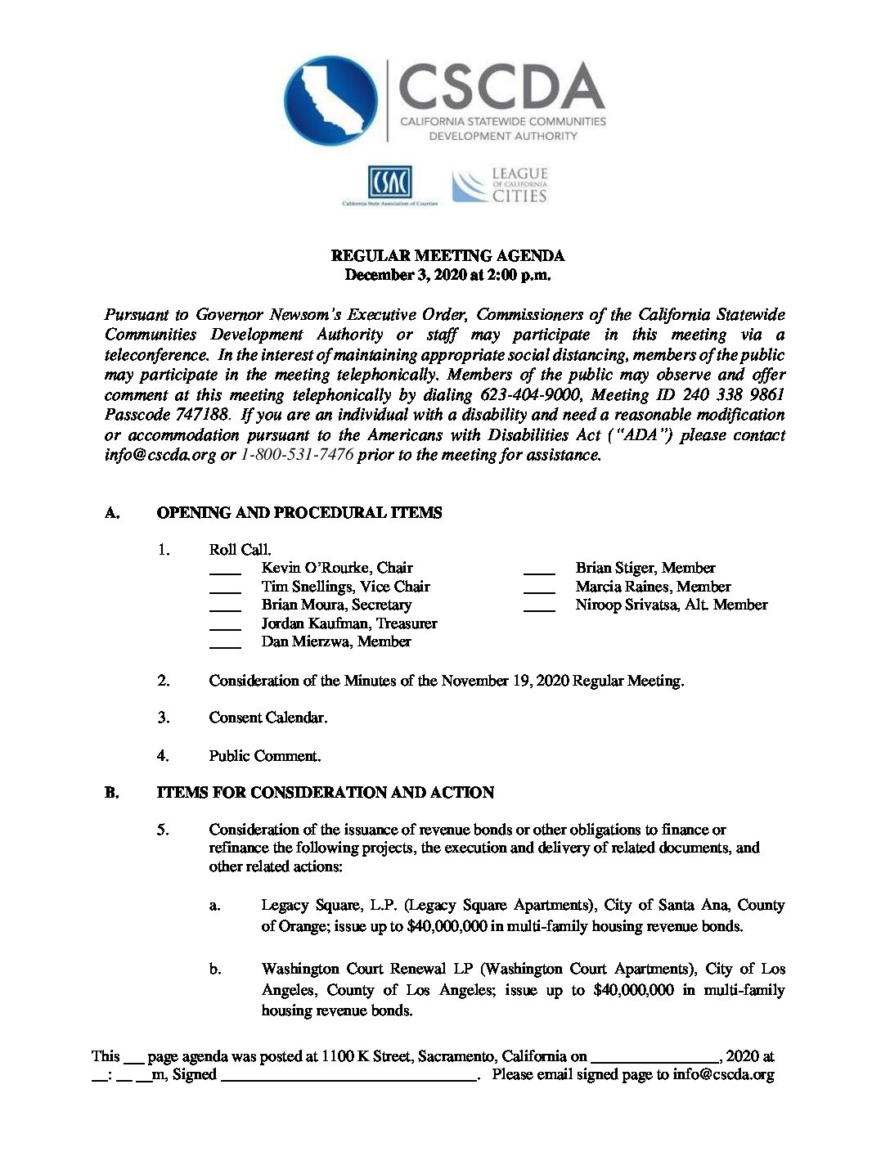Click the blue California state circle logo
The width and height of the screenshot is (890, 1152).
331,101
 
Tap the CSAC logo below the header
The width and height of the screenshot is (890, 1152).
389,184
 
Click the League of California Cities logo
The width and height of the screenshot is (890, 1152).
500,186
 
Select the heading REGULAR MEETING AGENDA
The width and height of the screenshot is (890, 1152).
447,255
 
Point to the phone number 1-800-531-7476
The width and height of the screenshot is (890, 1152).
297,455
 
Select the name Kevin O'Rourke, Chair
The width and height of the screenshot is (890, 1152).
337,568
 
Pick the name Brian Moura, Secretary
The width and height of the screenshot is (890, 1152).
336,605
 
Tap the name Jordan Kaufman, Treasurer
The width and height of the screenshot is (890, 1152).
349,623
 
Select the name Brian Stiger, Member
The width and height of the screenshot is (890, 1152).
645,568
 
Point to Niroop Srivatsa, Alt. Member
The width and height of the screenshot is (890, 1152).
672,605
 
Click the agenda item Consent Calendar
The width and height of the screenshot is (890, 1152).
268,718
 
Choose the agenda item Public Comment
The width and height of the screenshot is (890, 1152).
265,756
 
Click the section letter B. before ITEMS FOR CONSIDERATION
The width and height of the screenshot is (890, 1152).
112,793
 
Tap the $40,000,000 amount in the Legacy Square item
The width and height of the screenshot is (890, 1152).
447,926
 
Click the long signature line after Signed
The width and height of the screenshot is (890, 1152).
349,1078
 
